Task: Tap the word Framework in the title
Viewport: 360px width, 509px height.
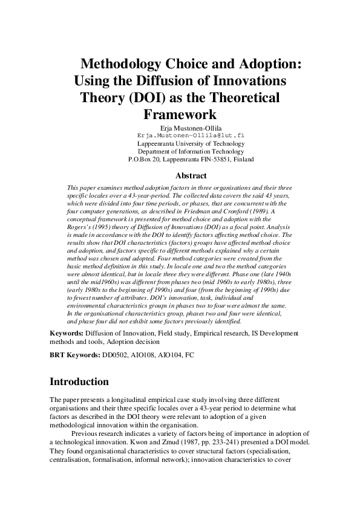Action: coord(180,113)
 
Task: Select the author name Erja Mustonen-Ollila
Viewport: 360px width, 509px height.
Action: coord(191,128)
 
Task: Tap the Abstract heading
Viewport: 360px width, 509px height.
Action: coord(191,176)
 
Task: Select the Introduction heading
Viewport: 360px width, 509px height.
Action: coord(79,381)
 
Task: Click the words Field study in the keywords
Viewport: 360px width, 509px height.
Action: coord(177,333)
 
